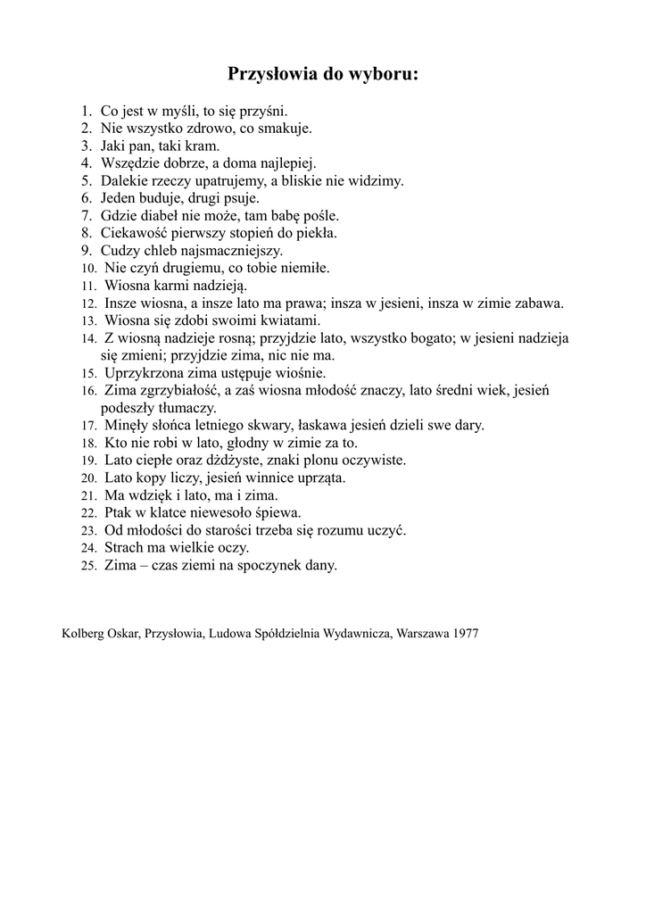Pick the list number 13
tap(88, 320)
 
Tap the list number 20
tap(88, 478)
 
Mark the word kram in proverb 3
tap(203, 145)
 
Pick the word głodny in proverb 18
tap(233, 443)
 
